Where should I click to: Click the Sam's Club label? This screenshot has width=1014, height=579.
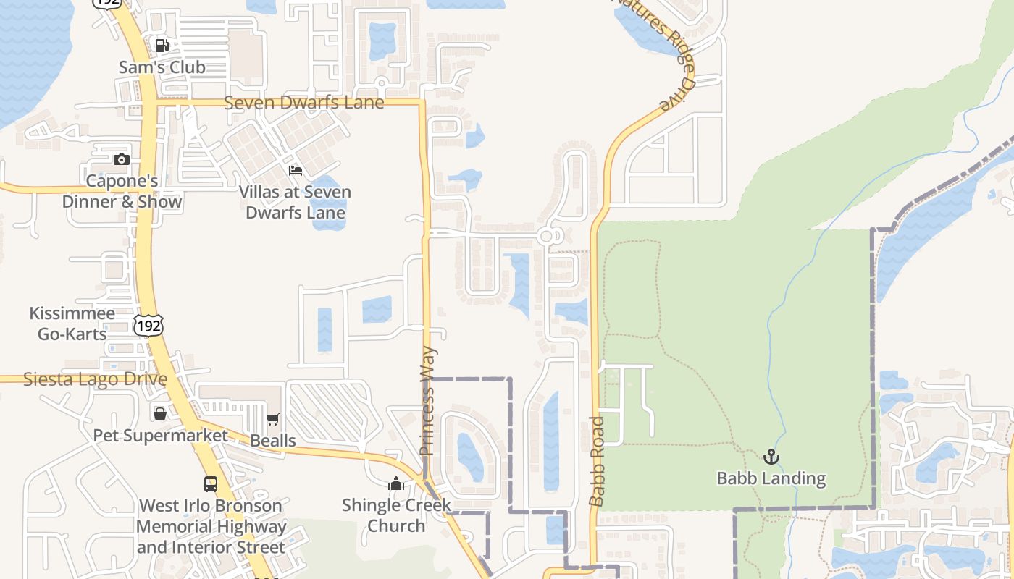point(162,67)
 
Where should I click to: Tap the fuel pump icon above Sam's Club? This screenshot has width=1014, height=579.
point(162,46)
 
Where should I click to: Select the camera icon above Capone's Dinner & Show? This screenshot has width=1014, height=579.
point(121,159)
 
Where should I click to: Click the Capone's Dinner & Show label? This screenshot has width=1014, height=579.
point(122,191)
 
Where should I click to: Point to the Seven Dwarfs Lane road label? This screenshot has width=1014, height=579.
point(303,103)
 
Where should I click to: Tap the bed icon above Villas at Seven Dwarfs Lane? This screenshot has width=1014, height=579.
point(296,171)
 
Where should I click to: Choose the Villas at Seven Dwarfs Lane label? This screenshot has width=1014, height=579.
point(296,203)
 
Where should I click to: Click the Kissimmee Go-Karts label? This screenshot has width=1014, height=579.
point(72,324)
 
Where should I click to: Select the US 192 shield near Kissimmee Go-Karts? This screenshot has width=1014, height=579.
point(148,326)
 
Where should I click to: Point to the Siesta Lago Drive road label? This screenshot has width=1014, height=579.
point(95,379)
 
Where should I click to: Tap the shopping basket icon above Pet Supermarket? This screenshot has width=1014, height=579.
point(160,414)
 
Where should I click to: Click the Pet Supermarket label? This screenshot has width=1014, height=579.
point(160,436)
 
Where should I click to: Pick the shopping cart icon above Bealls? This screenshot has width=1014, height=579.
point(273,420)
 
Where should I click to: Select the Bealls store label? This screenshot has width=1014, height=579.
point(273,441)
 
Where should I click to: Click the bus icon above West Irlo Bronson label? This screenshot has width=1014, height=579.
point(211,484)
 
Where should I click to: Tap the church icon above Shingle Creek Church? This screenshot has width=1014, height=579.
point(396,483)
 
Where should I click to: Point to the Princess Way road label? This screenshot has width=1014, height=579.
point(428,401)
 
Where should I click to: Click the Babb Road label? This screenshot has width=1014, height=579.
point(597,461)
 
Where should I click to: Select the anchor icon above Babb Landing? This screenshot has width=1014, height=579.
point(771,457)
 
